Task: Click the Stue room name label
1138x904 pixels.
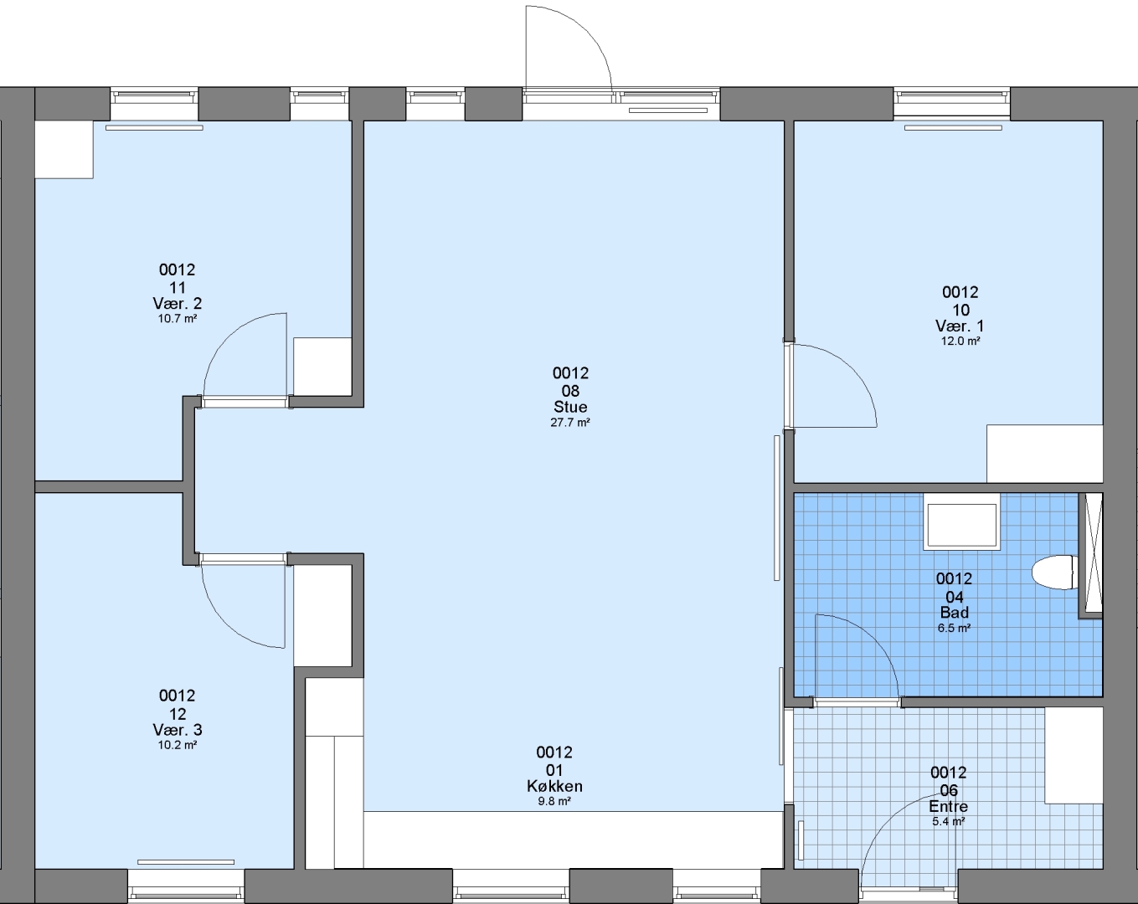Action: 570,407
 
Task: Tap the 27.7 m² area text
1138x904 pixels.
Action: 570,423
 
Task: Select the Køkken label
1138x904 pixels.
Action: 554,786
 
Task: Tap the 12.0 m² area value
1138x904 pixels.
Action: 960,341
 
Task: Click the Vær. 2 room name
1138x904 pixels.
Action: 178,304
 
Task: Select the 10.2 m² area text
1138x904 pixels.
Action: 178,745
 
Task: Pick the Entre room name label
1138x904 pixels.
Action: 949,807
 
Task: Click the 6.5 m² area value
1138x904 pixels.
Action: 954,628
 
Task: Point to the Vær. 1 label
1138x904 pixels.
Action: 960,326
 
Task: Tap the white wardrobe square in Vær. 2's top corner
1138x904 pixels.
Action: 64,150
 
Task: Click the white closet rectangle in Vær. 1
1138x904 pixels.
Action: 1045,453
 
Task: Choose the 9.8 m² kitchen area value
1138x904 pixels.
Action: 554,801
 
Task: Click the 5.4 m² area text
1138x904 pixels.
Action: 949,822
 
